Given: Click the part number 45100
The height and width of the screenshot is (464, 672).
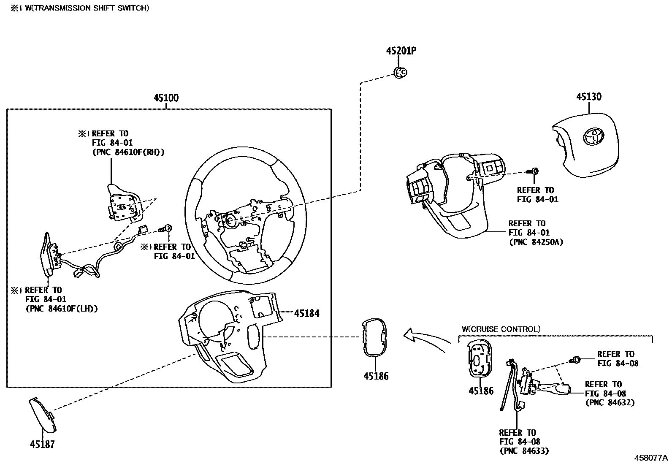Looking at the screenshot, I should pos(166,98).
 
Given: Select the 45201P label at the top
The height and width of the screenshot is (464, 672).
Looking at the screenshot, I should pos(401,51).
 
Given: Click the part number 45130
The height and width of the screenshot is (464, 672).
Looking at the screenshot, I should pos(589,97).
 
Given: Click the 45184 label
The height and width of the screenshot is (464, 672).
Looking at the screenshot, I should pos(307,313).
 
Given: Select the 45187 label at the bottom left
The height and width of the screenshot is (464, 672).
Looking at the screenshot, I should pos(42,444).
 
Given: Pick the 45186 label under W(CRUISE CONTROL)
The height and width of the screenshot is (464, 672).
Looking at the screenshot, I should pos(481,391).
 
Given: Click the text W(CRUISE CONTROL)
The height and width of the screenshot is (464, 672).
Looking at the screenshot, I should pos(501,329).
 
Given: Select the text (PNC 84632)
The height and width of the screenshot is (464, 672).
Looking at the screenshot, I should pos(610,402).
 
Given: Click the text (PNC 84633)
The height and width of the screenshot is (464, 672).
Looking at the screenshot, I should pos(524,451).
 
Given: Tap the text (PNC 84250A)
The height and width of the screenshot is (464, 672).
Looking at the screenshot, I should pos(536,242).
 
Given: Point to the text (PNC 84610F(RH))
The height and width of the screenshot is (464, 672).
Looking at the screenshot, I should pos(128,152).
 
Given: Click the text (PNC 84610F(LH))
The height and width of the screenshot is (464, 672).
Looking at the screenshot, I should pos(62,309).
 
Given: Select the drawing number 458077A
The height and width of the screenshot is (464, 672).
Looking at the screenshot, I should pos(650,458).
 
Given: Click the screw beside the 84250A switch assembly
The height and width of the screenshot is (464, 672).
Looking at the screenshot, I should pos(534,171).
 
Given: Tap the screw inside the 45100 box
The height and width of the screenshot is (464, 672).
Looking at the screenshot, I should pos(165,229).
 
